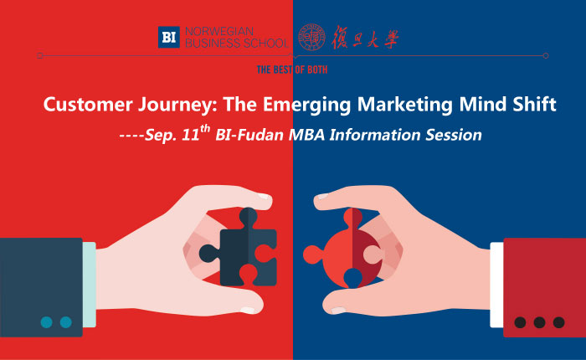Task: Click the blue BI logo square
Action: (x=169, y=37)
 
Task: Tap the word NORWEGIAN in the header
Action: (x=219, y=32)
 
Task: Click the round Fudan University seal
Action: (x=311, y=37)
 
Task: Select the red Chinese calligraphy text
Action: (x=365, y=38)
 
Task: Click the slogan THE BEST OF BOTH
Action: (x=292, y=69)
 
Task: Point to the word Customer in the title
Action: (x=88, y=104)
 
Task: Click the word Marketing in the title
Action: (x=404, y=105)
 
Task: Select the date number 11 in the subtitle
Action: (x=191, y=136)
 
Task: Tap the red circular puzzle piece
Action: (x=343, y=249)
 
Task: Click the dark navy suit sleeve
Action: (x=41, y=287)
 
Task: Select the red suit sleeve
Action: (x=544, y=287)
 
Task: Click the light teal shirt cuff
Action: (x=90, y=285)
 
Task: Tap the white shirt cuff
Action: (x=496, y=285)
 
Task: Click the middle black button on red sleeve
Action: (x=539, y=322)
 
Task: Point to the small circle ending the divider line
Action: (x=546, y=56)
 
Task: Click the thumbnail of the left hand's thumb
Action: (x=264, y=196)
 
